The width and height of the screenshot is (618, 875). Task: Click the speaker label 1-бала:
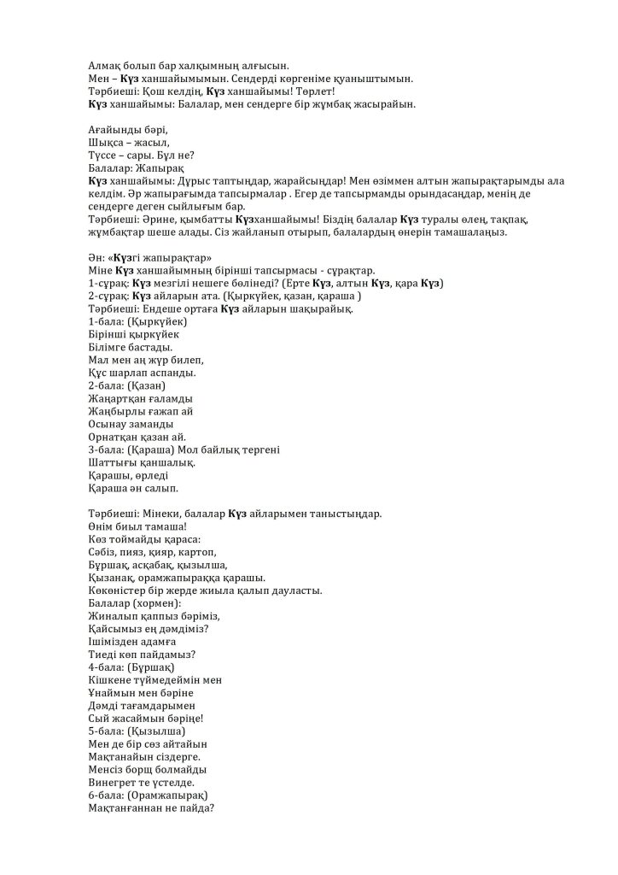(x=104, y=321)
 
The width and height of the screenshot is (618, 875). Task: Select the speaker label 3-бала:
(x=104, y=449)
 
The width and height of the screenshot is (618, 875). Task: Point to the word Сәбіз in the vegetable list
(x=103, y=552)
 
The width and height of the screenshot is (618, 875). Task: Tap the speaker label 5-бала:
(x=104, y=731)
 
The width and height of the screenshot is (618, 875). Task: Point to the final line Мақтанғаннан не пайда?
(x=151, y=807)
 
